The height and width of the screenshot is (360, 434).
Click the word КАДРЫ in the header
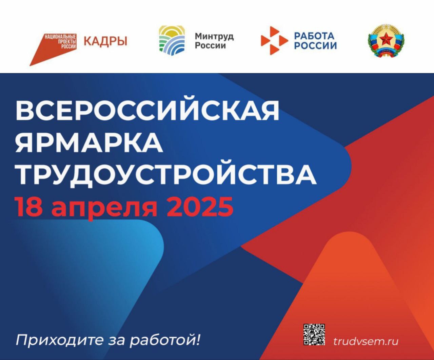(105, 41)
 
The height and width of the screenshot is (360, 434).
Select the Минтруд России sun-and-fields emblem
(172, 40)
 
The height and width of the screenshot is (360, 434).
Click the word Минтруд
(214, 37)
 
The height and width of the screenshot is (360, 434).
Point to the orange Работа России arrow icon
(274, 41)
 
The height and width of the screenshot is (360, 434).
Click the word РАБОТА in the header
(314, 36)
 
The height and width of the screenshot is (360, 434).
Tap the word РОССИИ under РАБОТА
(316, 46)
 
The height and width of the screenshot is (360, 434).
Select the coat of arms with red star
(387, 41)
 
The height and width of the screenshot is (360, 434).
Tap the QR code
(314, 335)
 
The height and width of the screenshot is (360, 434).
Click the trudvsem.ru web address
(366, 341)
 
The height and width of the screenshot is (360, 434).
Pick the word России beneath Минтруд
(210, 45)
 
